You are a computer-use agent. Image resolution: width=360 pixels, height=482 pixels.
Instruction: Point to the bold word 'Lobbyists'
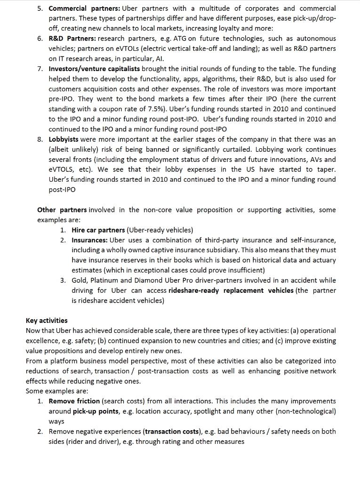(64, 139)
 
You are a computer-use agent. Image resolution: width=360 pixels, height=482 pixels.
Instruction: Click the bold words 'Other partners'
(62, 210)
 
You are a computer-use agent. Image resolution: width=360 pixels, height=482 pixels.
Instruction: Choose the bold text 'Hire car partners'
(98, 230)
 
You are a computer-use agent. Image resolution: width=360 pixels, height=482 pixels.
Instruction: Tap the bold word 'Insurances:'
(89, 240)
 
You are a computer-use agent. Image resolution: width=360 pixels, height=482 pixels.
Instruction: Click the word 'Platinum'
(104, 281)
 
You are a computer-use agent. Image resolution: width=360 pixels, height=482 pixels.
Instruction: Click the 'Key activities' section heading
(47, 321)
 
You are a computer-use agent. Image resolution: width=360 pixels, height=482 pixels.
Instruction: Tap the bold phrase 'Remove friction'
(74, 401)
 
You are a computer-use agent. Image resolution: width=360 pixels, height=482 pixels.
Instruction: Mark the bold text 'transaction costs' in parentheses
(173, 432)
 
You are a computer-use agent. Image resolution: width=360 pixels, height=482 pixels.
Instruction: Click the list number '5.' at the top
(40, 8)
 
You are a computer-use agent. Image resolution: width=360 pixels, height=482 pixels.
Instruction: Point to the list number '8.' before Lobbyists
(40, 139)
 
